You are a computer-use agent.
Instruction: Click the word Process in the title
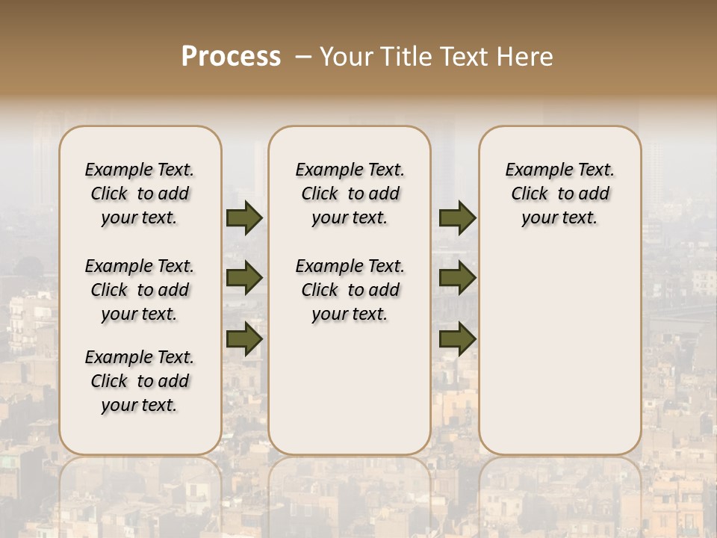point(231,57)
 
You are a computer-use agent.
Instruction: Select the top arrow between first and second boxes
point(244,218)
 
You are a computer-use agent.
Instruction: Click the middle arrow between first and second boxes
point(244,278)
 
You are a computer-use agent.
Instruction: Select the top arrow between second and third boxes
point(457,218)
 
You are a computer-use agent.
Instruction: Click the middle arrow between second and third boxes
point(457,278)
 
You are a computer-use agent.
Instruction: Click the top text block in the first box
point(140,194)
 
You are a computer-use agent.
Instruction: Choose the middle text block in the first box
point(140,290)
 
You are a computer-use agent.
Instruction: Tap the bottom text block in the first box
point(140,381)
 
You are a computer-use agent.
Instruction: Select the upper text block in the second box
point(350,194)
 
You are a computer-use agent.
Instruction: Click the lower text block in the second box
point(350,290)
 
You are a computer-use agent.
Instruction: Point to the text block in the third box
point(559,194)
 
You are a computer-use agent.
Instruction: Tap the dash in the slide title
point(303,57)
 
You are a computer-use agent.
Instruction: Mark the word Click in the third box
point(530,194)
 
